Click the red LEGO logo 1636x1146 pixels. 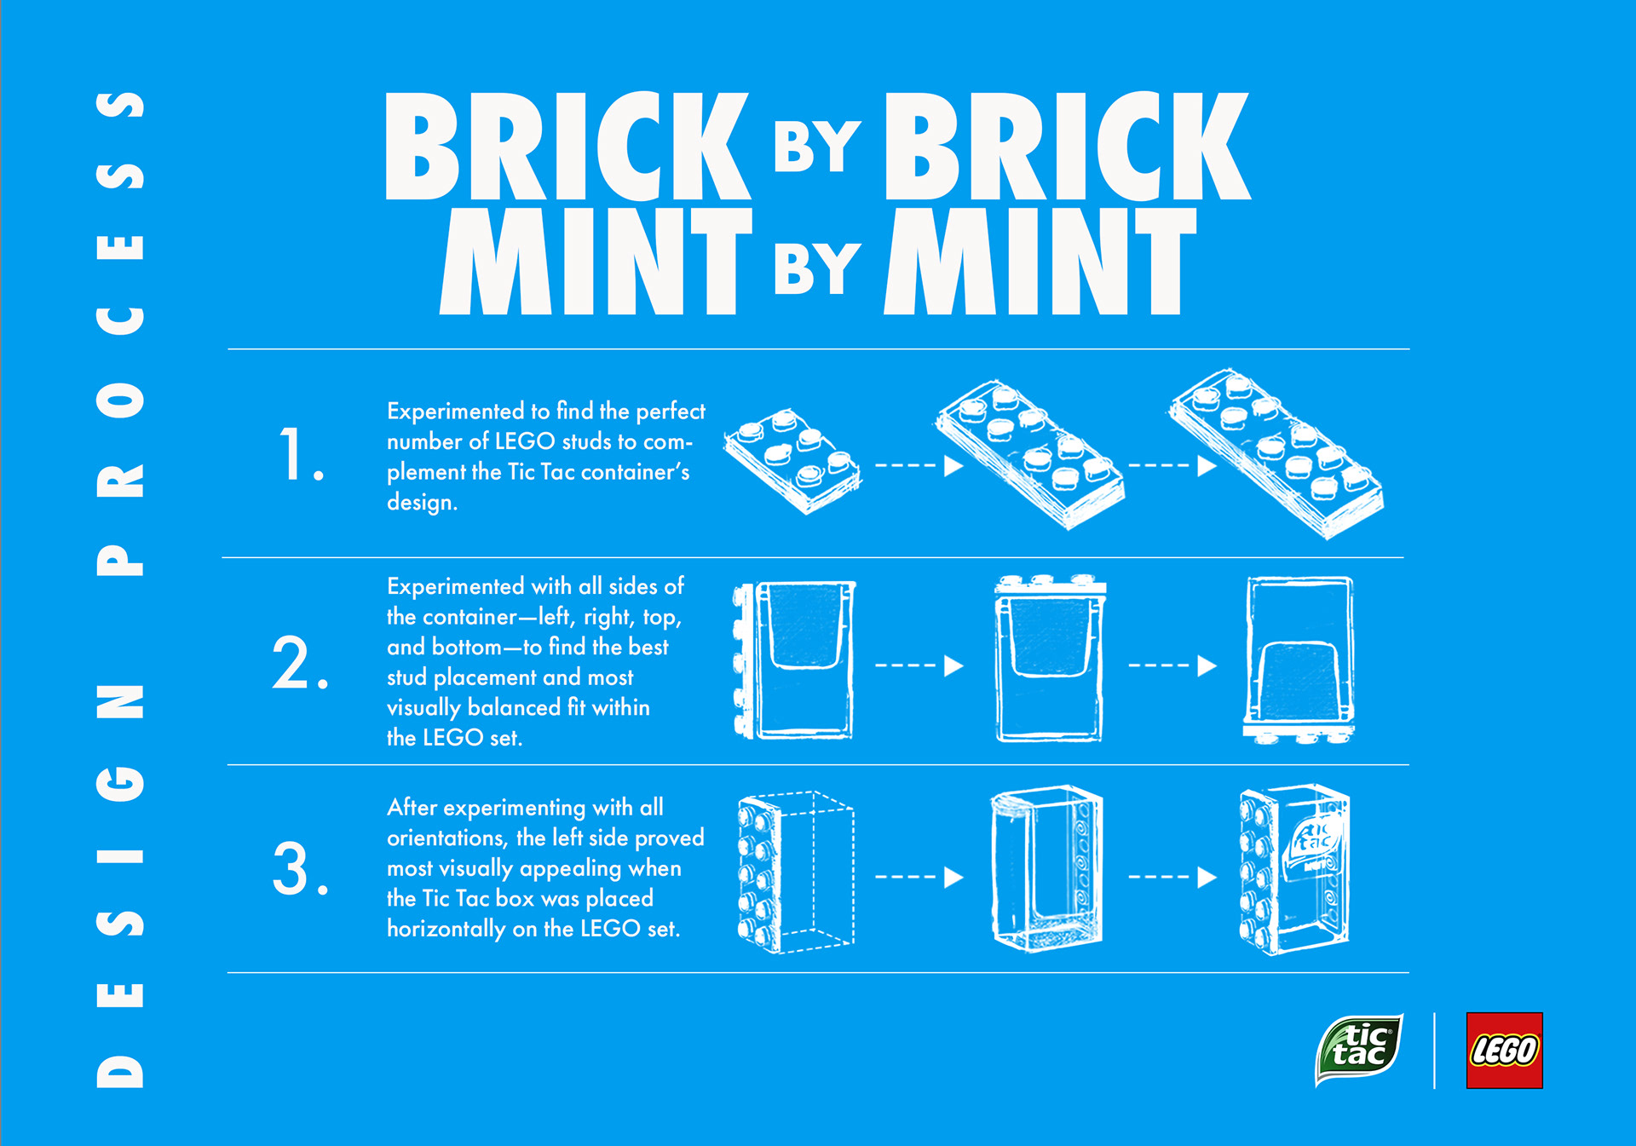coord(1504,1050)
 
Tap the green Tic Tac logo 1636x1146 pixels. coord(1359,1050)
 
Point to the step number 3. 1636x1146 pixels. coord(300,868)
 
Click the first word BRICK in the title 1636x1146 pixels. coord(567,146)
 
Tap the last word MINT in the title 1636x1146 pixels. coord(1040,261)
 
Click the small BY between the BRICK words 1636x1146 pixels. coord(817,147)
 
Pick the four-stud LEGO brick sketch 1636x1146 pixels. coord(792,461)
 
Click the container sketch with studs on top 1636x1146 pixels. coord(1051,658)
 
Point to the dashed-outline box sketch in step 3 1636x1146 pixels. coord(796,871)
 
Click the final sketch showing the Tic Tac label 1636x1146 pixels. coord(1294,869)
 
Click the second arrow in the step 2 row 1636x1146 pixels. coord(1172,665)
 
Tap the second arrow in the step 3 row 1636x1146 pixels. coord(1172,877)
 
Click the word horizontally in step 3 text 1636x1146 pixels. coord(446,929)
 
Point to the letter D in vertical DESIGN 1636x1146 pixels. coord(120,1071)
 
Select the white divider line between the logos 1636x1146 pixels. coord(1435,1050)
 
